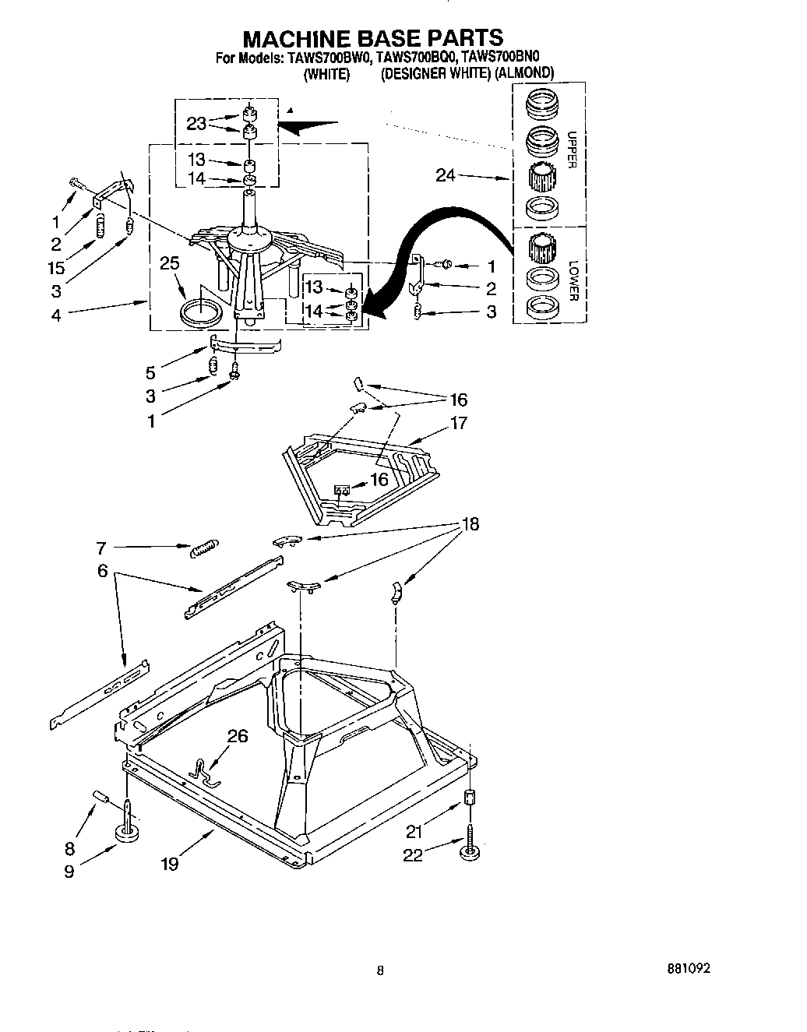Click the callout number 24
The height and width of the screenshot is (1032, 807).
pos(446,176)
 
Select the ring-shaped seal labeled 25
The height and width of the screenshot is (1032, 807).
pos(198,314)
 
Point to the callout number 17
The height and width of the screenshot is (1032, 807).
pos(458,423)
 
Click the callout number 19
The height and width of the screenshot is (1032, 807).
pos(169,864)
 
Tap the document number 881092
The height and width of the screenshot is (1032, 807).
pos(689,970)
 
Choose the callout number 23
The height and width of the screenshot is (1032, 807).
pos(197,123)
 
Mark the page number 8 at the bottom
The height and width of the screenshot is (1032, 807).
pos(380,970)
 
